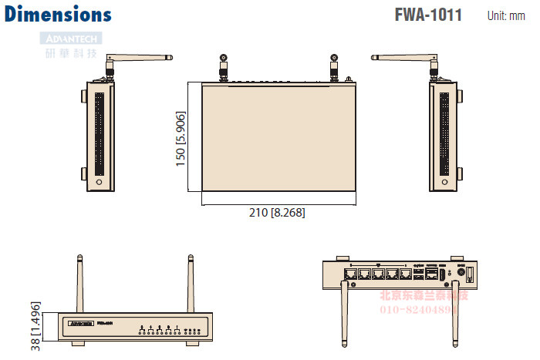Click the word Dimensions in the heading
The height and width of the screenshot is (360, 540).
click(58, 14)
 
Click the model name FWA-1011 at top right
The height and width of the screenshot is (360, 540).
click(428, 15)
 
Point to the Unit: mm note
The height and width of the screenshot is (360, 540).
click(506, 15)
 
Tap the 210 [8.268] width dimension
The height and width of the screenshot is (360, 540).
click(278, 212)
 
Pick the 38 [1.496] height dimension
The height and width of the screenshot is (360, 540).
click(35, 328)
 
